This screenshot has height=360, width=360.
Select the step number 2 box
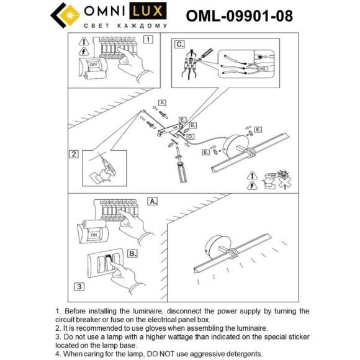74,155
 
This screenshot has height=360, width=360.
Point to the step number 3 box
79,286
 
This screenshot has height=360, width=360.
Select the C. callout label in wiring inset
179,45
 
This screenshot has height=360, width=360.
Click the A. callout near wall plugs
162,102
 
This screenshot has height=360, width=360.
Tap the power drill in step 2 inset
102,167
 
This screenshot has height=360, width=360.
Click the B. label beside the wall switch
132,253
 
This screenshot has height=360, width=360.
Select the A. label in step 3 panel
152,202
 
